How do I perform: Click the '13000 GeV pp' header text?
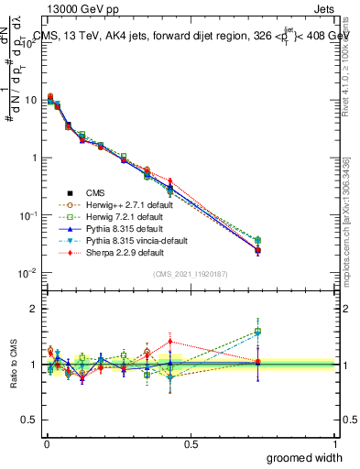78,10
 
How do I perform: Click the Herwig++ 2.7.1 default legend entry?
122,204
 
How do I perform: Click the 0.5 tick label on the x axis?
191,443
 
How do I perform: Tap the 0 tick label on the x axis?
46,443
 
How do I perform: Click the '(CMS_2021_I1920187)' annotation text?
190,274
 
